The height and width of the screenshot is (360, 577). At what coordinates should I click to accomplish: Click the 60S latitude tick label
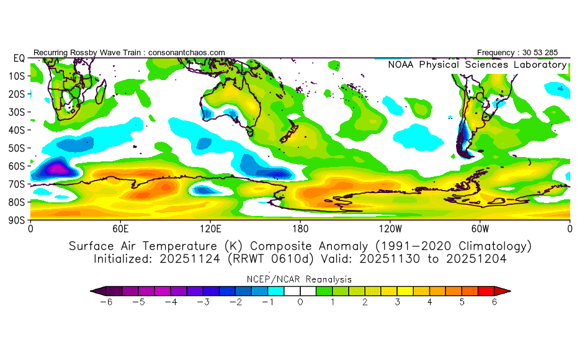point(16,166)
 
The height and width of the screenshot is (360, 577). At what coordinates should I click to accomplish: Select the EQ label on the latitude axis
point(19,58)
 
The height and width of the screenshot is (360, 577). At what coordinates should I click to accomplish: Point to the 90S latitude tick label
point(16,220)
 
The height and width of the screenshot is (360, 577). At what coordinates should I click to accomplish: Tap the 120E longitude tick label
point(210,228)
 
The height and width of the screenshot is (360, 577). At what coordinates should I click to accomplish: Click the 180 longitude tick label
point(300,228)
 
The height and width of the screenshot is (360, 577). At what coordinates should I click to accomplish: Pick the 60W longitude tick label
point(480,228)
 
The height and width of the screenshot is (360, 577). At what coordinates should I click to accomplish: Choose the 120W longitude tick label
point(390,228)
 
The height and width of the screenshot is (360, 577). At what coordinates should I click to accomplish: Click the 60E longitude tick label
point(120,228)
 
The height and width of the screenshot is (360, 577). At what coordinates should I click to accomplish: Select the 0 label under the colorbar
point(300,302)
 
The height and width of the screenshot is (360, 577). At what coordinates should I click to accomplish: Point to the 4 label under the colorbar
point(429,302)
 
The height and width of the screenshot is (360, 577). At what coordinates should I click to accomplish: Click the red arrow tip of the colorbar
point(506,290)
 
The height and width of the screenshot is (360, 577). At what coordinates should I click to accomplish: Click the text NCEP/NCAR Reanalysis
point(300,279)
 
